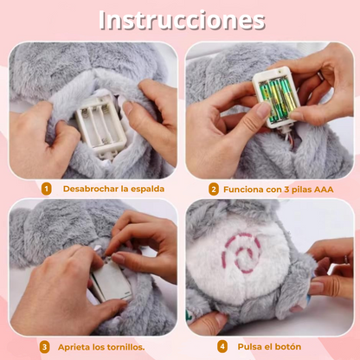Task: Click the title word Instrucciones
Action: [x=182, y=20]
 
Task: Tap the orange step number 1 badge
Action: [x=46, y=190]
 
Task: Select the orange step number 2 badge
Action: [x=214, y=190]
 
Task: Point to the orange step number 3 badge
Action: [x=44, y=347]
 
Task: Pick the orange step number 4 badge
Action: [x=222, y=347]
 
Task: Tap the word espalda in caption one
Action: [x=147, y=189]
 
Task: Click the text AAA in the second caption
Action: [x=324, y=190]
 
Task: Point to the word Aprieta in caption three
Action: [x=74, y=347]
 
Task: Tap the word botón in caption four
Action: [x=287, y=347]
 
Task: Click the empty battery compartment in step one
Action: [x=101, y=123]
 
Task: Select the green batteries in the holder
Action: [x=275, y=100]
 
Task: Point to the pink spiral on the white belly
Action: [x=241, y=252]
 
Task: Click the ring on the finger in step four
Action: [x=345, y=260]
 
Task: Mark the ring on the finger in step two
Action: [x=320, y=76]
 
